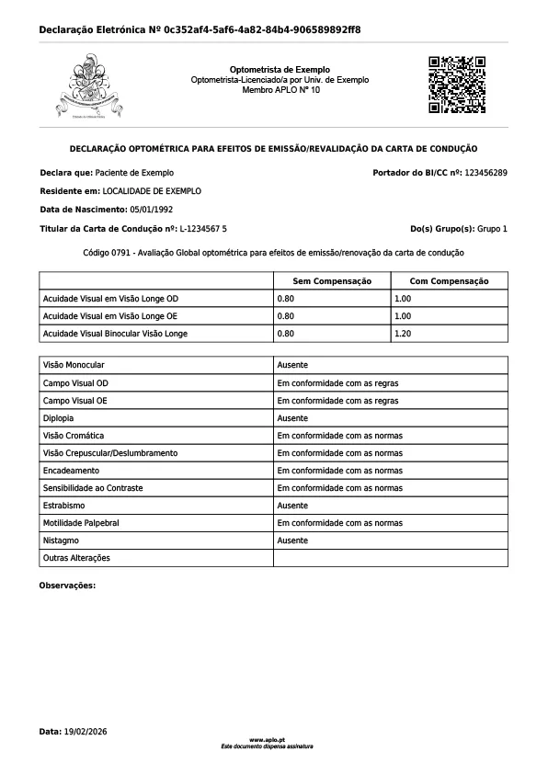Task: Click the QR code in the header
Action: pyautogui.click(x=457, y=85)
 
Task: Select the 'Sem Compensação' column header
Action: pyautogui.click(x=331, y=281)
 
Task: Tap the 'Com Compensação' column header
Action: pyautogui.click(x=449, y=281)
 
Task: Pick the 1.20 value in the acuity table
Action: pyautogui.click(x=402, y=334)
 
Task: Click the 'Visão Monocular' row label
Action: pyautogui.click(x=74, y=366)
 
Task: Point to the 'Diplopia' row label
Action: pyautogui.click(x=59, y=418)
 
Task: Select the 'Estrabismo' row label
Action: pyautogui.click(x=64, y=506)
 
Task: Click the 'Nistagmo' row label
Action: pyautogui.click(x=61, y=541)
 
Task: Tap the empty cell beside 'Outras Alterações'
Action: pyautogui.click(x=390, y=558)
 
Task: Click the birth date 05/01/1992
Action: pyautogui.click(x=152, y=210)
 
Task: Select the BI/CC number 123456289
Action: pyautogui.click(x=486, y=173)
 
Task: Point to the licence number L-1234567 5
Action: pyautogui.click(x=203, y=228)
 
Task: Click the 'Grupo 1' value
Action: pyautogui.click(x=492, y=228)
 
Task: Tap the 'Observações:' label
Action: pyautogui.click(x=68, y=586)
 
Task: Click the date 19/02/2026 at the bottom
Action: pyautogui.click(x=86, y=732)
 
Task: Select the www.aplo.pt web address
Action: pyautogui.click(x=267, y=739)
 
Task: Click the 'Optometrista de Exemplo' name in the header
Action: pyautogui.click(x=280, y=70)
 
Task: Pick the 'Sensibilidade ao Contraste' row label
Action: pyautogui.click(x=93, y=488)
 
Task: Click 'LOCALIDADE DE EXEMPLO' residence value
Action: pyautogui.click(x=152, y=191)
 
